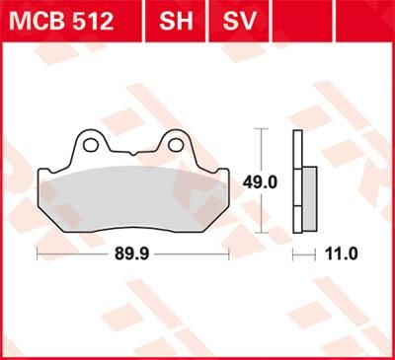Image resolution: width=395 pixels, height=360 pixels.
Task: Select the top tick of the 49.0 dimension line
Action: (x=261, y=129)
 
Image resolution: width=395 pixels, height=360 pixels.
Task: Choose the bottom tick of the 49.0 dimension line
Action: (x=261, y=232)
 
